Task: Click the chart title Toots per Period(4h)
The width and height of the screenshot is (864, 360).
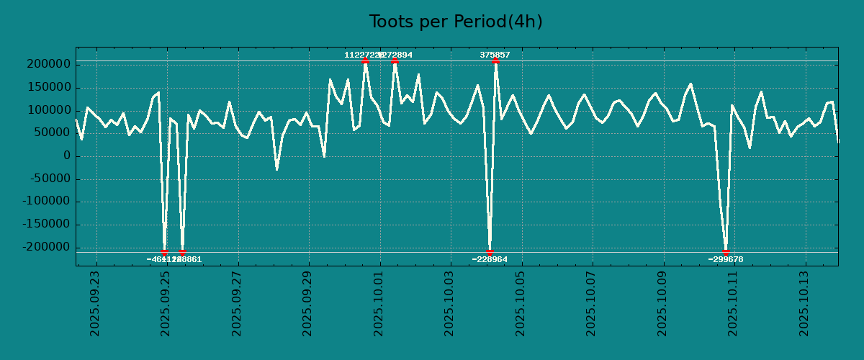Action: click(x=455, y=22)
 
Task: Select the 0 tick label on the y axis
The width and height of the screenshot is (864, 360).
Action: click(x=67, y=156)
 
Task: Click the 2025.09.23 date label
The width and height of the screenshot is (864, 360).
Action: click(x=95, y=303)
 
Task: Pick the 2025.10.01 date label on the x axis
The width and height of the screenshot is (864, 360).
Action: click(x=379, y=303)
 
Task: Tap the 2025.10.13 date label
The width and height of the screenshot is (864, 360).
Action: click(x=804, y=303)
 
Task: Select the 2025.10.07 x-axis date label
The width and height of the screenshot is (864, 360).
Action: click(x=591, y=303)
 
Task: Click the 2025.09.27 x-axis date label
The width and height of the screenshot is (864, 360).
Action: click(x=237, y=303)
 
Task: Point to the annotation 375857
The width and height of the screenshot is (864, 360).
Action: click(x=495, y=55)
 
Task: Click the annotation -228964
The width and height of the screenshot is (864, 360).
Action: click(x=490, y=259)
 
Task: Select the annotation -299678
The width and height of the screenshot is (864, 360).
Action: click(x=725, y=259)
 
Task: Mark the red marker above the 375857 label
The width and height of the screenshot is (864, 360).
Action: click(x=495, y=61)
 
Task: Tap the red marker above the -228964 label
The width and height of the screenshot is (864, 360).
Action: click(x=490, y=252)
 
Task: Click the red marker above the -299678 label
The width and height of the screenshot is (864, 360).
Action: click(x=726, y=252)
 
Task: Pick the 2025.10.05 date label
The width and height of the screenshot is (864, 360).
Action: click(x=521, y=303)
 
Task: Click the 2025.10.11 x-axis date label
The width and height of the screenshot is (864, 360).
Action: click(x=733, y=303)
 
